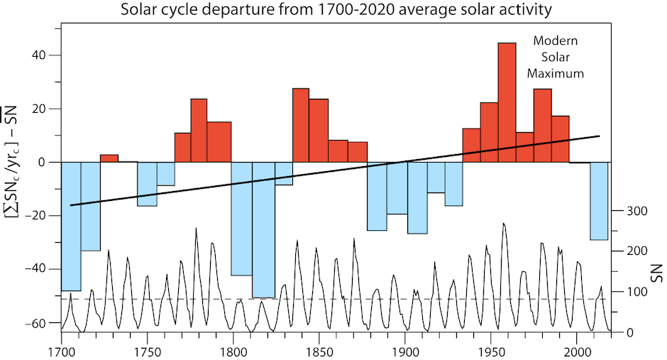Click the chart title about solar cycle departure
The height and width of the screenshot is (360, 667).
(336, 10)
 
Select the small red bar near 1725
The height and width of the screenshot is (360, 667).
(109, 158)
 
